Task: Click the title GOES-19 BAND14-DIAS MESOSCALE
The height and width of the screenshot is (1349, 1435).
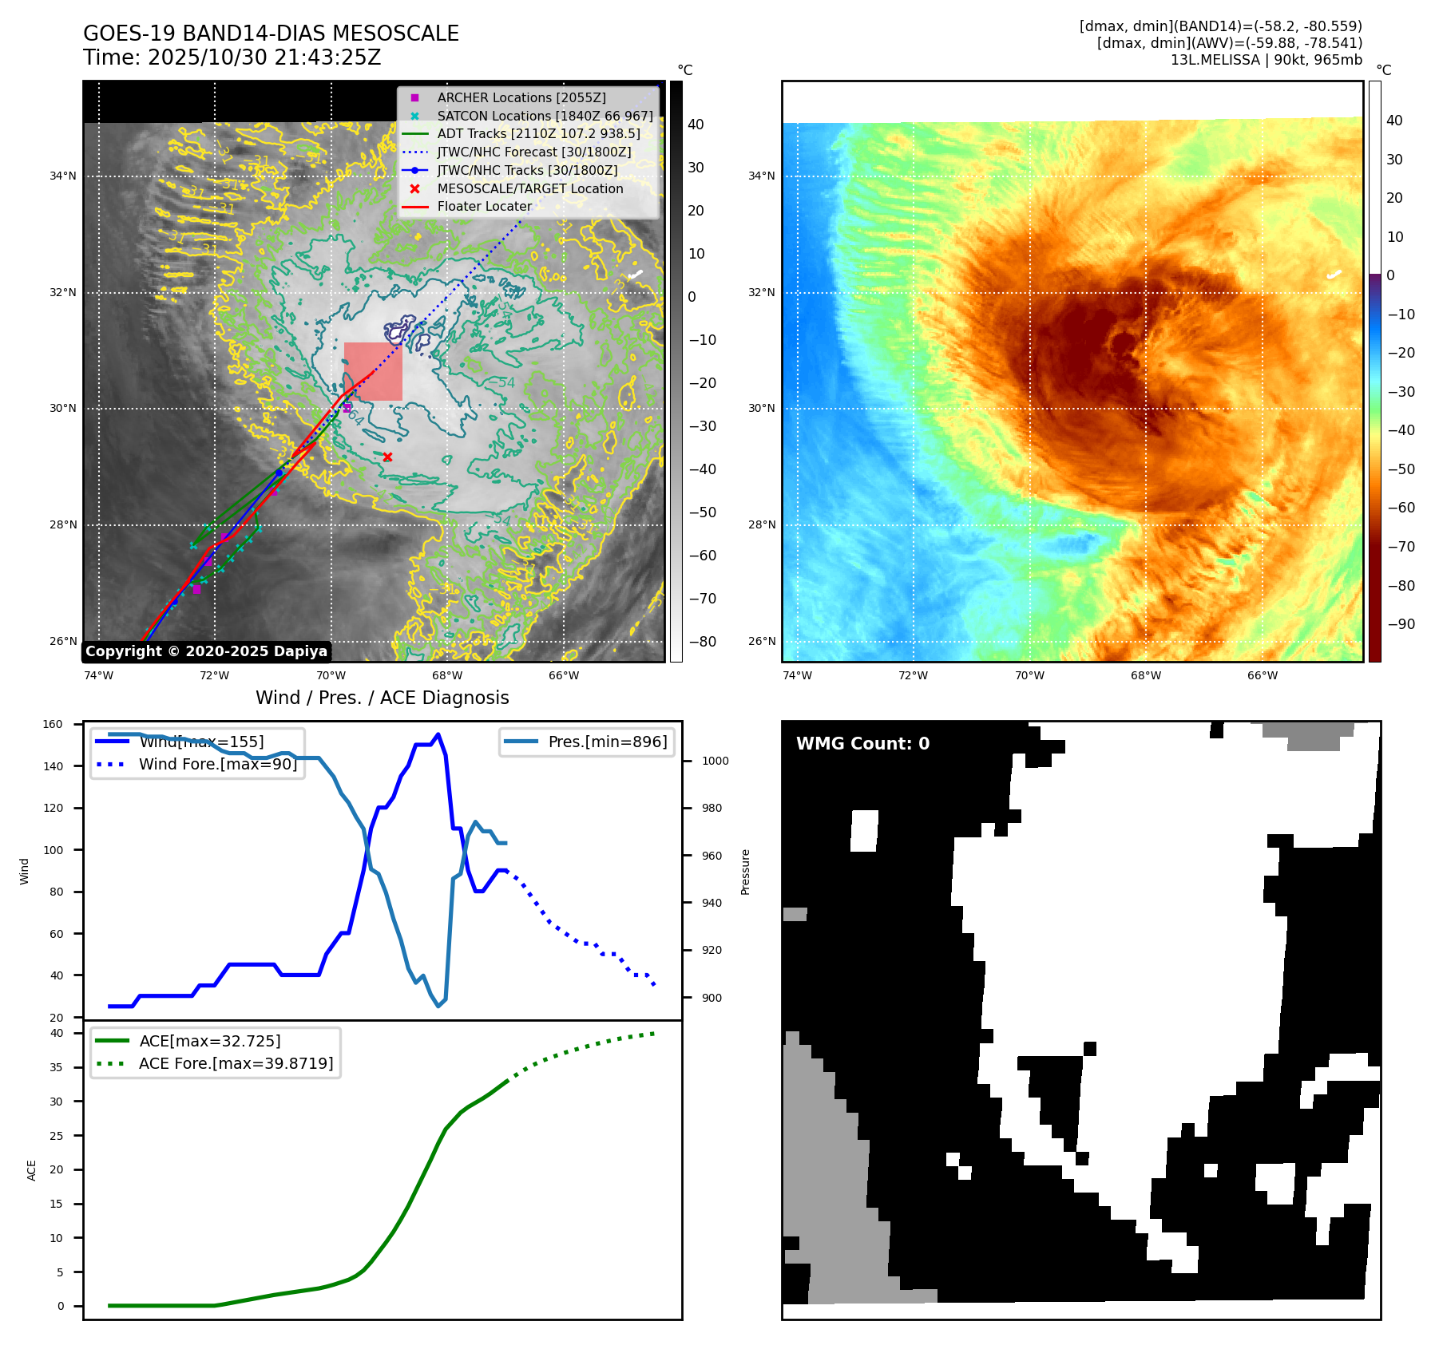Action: click(x=271, y=34)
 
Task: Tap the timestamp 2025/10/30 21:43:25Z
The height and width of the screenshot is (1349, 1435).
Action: click(x=264, y=58)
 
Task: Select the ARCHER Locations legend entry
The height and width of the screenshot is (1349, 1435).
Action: click(x=521, y=97)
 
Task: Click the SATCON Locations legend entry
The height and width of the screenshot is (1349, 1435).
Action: click(x=545, y=116)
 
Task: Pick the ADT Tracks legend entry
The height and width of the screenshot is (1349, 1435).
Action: click(x=538, y=134)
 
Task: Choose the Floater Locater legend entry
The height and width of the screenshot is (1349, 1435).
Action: click(x=484, y=207)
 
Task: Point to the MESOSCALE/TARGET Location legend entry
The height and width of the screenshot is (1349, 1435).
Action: click(x=529, y=188)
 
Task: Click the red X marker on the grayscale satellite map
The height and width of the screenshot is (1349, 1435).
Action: click(x=387, y=457)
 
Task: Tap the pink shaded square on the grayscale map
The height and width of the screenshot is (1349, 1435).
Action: click(x=373, y=371)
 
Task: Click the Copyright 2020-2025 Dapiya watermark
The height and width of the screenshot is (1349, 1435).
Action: click(x=206, y=651)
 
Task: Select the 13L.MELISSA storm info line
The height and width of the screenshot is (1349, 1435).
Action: click(x=1266, y=60)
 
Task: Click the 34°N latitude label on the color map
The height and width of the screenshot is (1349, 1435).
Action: click(x=761, y=176)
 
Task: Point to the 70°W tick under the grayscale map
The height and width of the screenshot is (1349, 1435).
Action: click(x=331, y=676)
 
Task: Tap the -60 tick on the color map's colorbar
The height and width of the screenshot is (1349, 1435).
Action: click(x=1401, y=508)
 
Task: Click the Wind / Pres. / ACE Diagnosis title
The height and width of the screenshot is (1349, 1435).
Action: click(x=382, y=698)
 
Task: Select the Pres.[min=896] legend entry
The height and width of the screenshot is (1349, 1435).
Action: click(x=607, y=742)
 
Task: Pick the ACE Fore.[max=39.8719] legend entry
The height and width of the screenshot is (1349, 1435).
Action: click(x=236, y=1063)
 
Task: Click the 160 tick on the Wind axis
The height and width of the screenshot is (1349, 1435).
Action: click(x=53, y=725)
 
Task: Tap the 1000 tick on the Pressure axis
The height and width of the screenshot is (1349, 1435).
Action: click(x=715, y=762)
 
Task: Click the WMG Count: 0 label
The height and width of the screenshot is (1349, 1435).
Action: click(x=862, y=744)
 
